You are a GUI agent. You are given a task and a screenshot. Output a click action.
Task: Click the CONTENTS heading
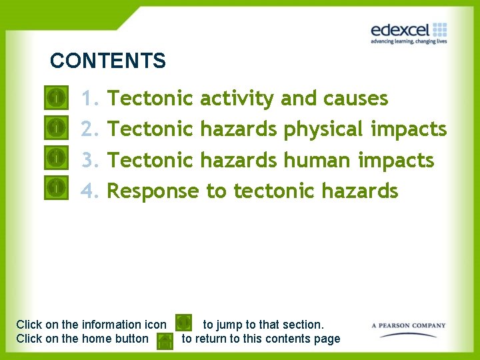tap(107, 61)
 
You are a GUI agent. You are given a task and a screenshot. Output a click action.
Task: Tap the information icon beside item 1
tap(57, 98)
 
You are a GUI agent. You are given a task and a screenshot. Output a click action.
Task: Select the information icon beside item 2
tap(57, 126)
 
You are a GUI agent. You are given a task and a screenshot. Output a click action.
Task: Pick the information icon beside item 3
tap(57, 158)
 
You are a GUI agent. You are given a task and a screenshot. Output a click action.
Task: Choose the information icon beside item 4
tap(57, 188)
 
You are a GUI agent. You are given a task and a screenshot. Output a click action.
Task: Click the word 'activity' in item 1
tap(237, 99)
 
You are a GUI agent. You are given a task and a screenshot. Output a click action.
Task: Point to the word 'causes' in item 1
tap(355, 99)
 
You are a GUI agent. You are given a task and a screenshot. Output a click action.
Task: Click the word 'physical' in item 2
tap(323, 129)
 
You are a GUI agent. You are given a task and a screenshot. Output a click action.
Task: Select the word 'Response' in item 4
tap(153, 191)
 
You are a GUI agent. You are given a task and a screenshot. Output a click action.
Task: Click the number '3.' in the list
tap(90, 160)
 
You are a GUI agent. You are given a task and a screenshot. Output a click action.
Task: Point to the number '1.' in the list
tap(90, 99)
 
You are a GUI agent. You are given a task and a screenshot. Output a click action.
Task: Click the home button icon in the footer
tap(165, 341)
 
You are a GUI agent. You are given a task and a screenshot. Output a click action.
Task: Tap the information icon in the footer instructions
tap(184, 323)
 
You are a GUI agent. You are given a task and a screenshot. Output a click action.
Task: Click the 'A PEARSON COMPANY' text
tap(408, 326)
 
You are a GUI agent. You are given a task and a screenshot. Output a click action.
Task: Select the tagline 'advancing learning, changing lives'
tap(408, 41)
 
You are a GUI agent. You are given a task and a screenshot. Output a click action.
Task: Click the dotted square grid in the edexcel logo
tap(439, 29)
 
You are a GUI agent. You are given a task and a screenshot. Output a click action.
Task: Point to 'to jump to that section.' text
tap(263, 325)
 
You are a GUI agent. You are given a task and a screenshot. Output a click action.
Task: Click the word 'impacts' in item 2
tap(408, 129)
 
